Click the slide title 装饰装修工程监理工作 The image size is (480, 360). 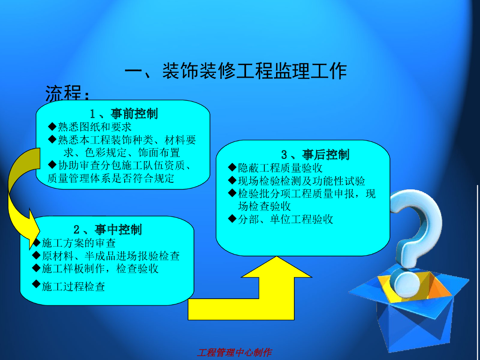point(235,71)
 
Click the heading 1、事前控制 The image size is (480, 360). point(124,113)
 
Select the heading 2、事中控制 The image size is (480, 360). point(107,229)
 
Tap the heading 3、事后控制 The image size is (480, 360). point(315,155)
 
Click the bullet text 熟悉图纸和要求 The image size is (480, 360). point(95,127)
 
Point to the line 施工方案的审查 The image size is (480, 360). point(79,243)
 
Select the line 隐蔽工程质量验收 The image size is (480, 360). point(280,168)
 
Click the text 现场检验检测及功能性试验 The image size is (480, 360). point(301,181)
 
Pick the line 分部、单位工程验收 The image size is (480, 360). point(285,219)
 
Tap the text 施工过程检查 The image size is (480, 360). point(74,286)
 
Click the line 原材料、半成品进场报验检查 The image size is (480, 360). point(111,255)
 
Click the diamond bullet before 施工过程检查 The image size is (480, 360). point(36,283)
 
